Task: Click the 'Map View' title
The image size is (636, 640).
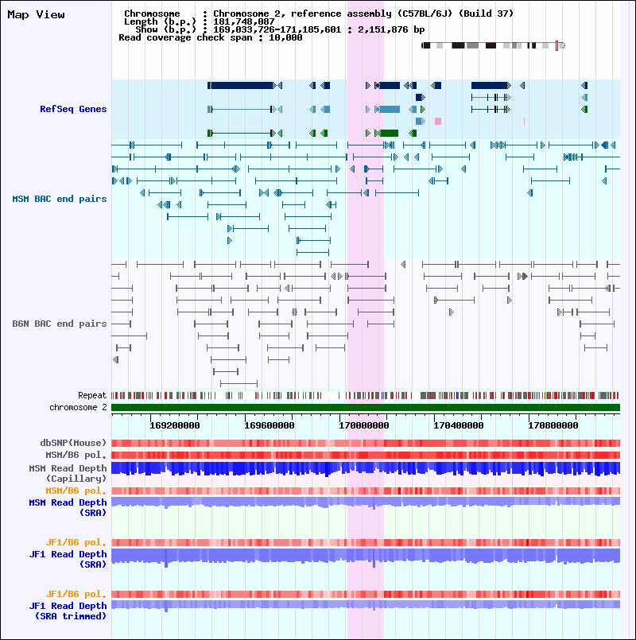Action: (36, 14)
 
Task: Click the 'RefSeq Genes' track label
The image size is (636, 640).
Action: (73, 109)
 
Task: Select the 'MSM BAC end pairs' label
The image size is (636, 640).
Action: (59, 199)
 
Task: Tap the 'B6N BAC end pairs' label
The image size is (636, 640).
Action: (59, 324)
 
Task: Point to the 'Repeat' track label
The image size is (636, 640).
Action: (92, 395)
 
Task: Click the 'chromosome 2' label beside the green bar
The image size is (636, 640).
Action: (78, 407)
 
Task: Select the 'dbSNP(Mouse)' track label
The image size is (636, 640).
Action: (73, 443)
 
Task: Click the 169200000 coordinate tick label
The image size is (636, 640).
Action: (175, 425)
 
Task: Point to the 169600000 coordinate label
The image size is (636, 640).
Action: (270, 425)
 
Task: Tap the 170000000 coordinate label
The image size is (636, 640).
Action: (364, 425)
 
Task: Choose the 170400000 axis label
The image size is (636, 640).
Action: (459, 425)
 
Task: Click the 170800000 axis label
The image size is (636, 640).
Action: (553, 425)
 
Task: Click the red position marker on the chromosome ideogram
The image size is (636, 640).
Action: (556, 46)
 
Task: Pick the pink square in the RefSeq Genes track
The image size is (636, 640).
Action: (438, 121)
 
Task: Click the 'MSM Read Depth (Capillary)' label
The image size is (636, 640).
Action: (68, 473)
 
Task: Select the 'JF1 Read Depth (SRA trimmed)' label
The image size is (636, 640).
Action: (68, 611)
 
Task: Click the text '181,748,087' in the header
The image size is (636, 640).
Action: (244, 21)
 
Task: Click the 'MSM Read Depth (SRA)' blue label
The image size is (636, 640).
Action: (68, 507)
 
